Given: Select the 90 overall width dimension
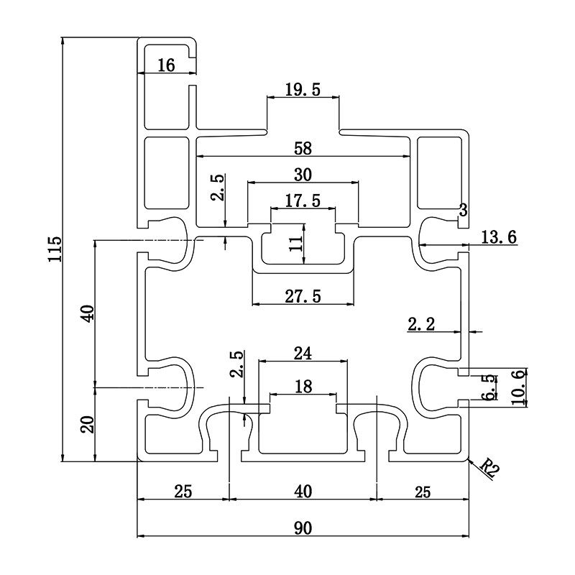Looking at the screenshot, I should pos(302,528).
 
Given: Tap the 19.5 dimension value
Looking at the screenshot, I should pos(302,89).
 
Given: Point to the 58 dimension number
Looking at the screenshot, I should pos(302,149).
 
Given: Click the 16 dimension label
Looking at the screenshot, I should pos(166,65).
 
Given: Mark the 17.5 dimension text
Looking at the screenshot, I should pos(302,201).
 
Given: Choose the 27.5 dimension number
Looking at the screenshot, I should pos(302,296).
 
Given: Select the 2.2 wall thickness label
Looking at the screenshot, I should pos(423,324).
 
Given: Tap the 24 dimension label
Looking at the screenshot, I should pos(303,353).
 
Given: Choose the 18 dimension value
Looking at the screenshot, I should pos(303,387).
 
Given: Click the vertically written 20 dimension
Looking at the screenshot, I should pos(87,424).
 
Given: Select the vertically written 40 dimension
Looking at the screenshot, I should pos(87,313).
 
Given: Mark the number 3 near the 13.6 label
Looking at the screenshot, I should pos(463,211).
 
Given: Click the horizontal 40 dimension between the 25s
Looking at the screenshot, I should pos(303,492).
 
